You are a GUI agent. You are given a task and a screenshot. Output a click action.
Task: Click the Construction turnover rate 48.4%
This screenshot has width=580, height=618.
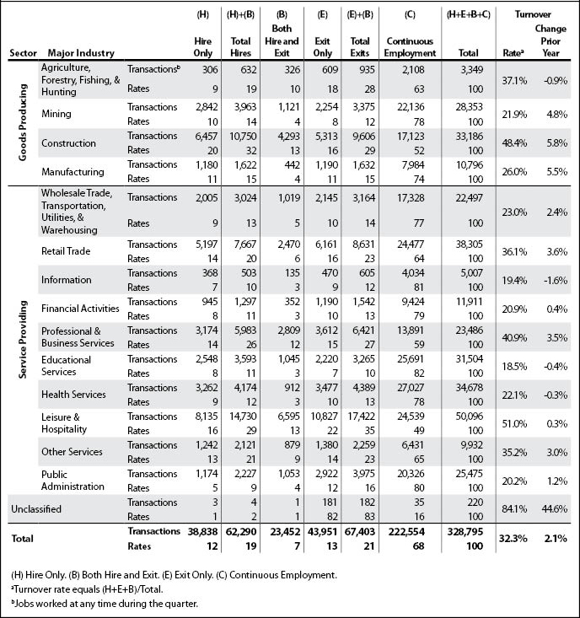pos(514,143)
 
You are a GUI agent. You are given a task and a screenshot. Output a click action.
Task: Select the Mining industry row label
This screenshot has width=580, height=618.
pos(56,115)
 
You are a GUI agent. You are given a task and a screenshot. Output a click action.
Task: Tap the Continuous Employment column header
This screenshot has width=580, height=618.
pos(410,47)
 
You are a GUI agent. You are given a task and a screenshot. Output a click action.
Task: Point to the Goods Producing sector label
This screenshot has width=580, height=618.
pos(23,122)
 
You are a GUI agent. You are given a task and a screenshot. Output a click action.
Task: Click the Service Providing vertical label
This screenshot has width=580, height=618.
pos(23,339)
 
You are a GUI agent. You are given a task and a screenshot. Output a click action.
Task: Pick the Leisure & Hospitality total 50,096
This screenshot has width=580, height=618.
pos(469,416)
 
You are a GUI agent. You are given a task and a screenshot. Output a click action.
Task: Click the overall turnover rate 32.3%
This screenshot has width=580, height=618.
pos(513,539)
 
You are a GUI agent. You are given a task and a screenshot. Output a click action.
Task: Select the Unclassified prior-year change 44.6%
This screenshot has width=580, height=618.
pos(555,509)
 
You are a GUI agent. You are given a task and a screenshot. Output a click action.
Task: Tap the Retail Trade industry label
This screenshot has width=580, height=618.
pos(66,251)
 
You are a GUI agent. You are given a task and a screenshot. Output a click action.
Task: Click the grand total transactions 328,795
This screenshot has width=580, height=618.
pos(465,532)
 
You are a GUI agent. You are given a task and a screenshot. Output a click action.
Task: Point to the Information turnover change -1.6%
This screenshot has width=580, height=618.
pos(556,280)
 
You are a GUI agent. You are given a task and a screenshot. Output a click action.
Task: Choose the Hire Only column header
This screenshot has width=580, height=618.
pos(203,47)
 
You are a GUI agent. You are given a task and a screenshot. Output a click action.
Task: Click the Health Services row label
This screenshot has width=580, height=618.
pos(73,395)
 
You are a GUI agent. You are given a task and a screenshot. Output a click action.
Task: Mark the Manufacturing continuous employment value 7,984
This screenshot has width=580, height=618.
pos(413,165)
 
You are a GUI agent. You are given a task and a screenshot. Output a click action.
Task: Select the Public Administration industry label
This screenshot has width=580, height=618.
pos(72,481)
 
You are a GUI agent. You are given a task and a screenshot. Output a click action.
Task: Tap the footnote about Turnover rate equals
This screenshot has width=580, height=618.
pos(87,589)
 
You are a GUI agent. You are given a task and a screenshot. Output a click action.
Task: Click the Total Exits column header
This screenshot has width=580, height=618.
pos(360,47)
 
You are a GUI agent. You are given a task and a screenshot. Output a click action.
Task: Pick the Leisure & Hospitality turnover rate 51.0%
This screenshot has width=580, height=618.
pos(514,424)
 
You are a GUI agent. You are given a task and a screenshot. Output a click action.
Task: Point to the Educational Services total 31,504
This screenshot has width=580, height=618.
pos(469,359)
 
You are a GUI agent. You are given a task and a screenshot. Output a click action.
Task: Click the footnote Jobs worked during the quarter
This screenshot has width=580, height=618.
pos(105,604)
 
